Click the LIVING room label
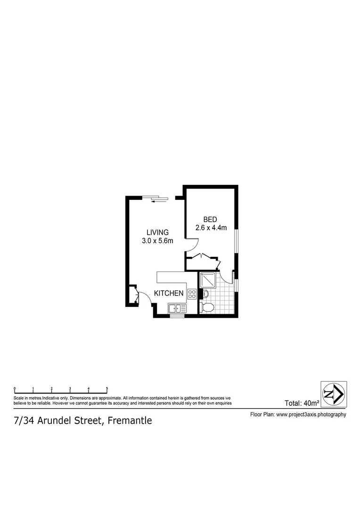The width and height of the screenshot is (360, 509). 157,232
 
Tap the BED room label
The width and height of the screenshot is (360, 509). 210,220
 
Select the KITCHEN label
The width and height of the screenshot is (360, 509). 169,293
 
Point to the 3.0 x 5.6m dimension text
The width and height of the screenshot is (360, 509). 157,241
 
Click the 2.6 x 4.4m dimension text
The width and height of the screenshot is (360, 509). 211,228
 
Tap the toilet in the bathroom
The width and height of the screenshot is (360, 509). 207,308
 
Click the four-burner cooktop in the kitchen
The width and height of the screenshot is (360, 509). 192,294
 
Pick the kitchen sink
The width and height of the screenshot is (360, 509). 176,308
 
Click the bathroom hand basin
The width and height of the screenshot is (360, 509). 205,294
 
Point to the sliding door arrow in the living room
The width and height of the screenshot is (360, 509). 159,201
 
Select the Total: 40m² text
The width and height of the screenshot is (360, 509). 302,403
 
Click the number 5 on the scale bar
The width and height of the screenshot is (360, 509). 107,389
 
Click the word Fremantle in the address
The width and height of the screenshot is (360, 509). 130,420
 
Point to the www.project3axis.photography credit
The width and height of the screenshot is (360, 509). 311,415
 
